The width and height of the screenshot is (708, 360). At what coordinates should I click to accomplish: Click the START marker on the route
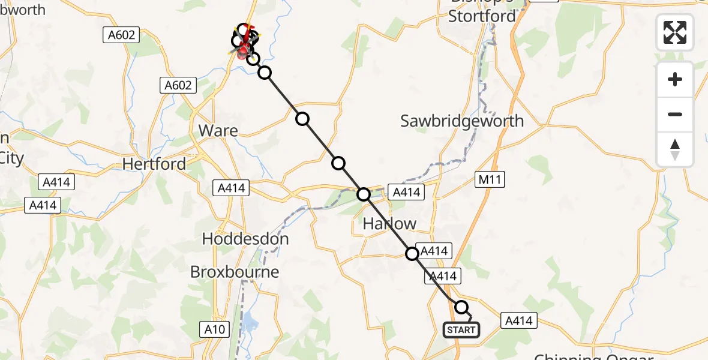click(461, 329)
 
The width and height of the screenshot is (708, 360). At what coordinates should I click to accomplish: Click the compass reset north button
click(675, 149)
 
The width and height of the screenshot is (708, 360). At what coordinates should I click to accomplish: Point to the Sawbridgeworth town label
click(462, 121)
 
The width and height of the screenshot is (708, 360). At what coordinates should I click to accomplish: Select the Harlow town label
click(389, 224)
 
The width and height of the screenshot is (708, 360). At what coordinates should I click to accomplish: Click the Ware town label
click(218, 130)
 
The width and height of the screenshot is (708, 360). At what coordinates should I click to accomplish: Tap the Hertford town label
click(154, 163)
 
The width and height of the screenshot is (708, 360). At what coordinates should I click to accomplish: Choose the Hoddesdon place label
click(245, 239)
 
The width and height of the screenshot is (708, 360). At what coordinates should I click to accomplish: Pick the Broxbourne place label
click(235, 272)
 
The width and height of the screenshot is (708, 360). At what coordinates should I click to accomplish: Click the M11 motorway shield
click(490, 179)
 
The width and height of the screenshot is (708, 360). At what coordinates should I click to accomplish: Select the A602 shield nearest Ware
click(179, 85)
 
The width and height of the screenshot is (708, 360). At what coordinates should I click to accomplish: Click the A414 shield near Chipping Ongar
click(518, 321)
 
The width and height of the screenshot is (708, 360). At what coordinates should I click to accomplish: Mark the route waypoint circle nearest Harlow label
click(364, 194)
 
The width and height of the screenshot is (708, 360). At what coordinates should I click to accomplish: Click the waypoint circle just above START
click(461, 307)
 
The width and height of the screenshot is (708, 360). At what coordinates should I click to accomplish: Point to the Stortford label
click(482, 16)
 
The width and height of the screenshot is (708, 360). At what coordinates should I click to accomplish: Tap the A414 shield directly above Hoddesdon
click(231, 188)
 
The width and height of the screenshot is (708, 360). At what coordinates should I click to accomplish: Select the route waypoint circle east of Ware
click(302, 119)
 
